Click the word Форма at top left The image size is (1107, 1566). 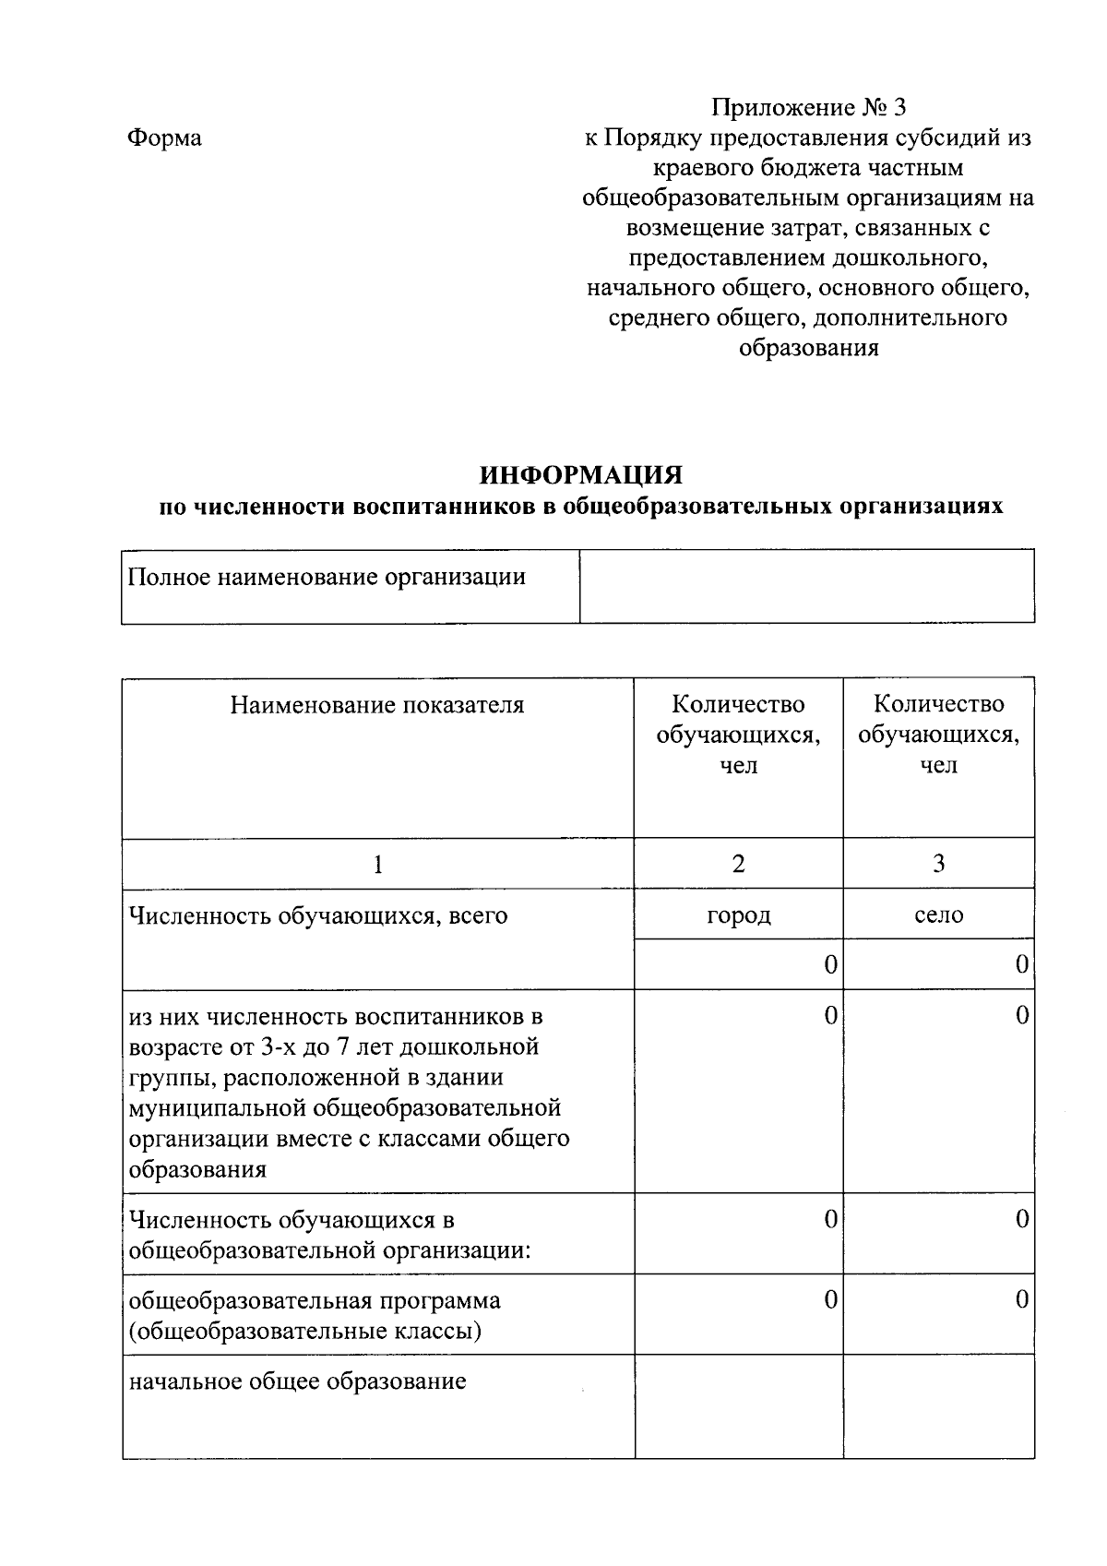click(x=164, y=138)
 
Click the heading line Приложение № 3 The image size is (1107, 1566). click(x=808, y=108)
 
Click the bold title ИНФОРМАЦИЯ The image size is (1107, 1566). click(x=580, y=475)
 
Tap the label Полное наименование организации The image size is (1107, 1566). click(x=327, y=578)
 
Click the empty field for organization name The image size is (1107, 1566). click(x=806, y=586)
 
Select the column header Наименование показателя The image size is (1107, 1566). click(x=377, y=706)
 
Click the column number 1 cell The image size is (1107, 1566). click(x=377, y=864)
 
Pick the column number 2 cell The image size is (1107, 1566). click(x=738, y=864)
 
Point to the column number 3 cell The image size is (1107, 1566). click(x=938, y=864)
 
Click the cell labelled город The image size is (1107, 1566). click(x=738, y=915)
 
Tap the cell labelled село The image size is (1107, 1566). click(x=938, y=915)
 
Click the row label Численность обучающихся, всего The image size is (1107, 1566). click(x=318, y=916)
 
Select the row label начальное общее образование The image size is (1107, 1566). click(x=297, y=1381)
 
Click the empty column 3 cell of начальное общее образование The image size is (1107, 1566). click(x=938, y=1405)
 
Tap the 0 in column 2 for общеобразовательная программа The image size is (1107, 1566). click(x=830, y=1300)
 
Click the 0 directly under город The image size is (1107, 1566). click(x=830, y=965)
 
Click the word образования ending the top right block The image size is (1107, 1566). click(x=808, y=349)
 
